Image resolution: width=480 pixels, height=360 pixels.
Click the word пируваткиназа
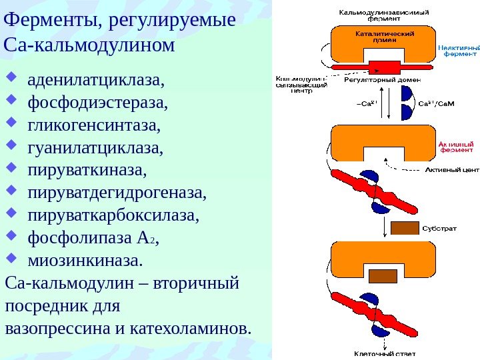coord(86,171)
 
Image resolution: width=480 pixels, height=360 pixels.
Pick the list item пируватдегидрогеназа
coord(117,193)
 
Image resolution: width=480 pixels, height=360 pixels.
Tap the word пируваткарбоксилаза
coord(113,215)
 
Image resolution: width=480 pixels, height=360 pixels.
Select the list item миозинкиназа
coord(85,257)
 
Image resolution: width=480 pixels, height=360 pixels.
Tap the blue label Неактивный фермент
coord(457,51)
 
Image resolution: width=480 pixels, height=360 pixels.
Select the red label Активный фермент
coord(457,147)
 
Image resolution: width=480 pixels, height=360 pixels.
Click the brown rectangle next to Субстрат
coord(404,228)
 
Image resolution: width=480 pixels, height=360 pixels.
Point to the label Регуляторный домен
coord(373,80)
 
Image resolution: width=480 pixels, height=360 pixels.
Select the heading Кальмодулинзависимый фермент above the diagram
coord(384,15)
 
